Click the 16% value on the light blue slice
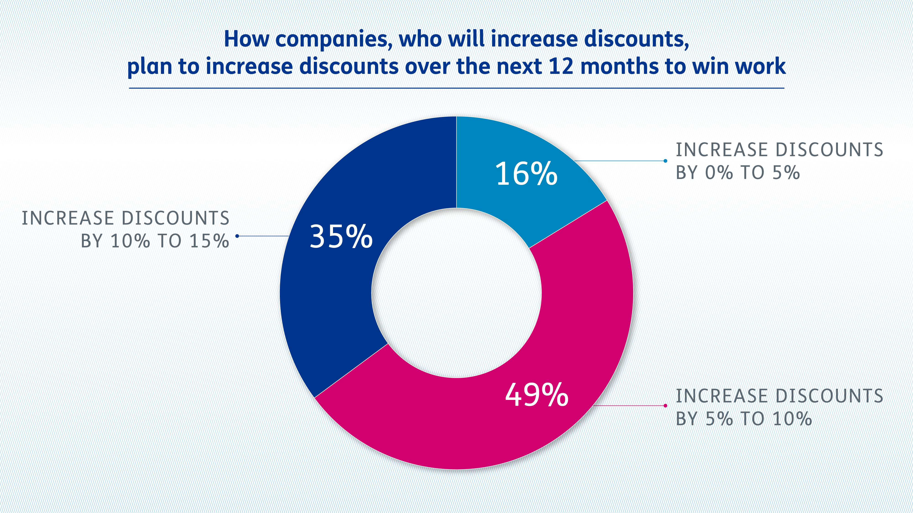click(x=526, y=174)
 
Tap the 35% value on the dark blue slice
click(x=341, y=236)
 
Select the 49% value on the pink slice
click(x=537, y=395)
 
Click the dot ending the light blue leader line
click(x=665, y=161)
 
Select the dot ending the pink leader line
click(x=665, y=406)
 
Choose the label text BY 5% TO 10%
click(x=744, y=419)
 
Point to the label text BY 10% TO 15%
click(x=155, y=241)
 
